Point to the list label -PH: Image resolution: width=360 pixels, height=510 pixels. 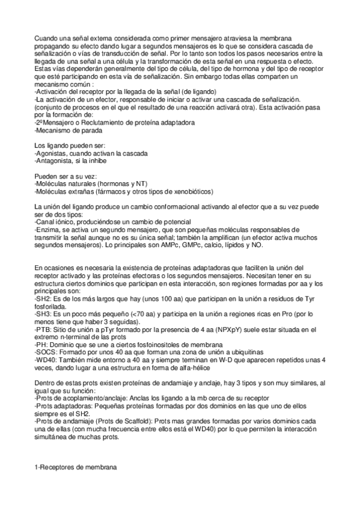coord(42,344)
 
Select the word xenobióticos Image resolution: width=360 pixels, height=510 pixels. coord(186,191)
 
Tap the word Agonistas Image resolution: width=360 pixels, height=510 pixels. coord(53,153)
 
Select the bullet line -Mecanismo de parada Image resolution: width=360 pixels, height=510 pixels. coord(68,130)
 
